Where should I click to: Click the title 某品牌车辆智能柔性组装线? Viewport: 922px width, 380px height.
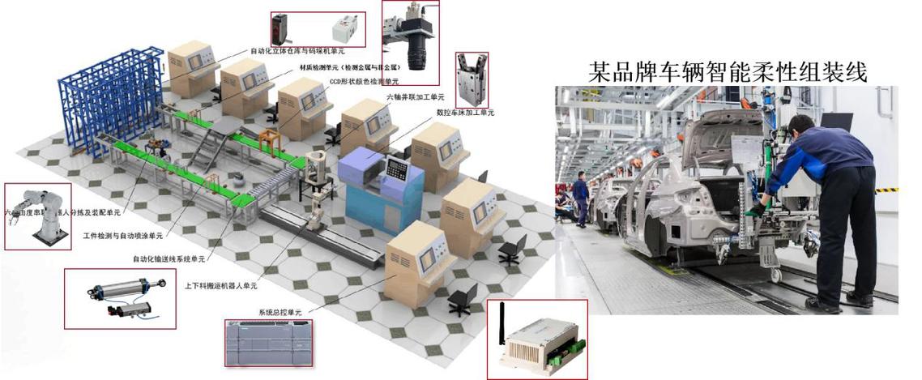(x=728, y=71)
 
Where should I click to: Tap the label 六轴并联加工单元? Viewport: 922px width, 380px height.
(x=416, y=97)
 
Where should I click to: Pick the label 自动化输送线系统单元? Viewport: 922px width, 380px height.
(x=169, y=259)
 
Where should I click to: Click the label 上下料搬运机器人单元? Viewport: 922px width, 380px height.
(x=220, y=285)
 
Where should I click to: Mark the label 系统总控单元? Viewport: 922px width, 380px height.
(x=280, y=312)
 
